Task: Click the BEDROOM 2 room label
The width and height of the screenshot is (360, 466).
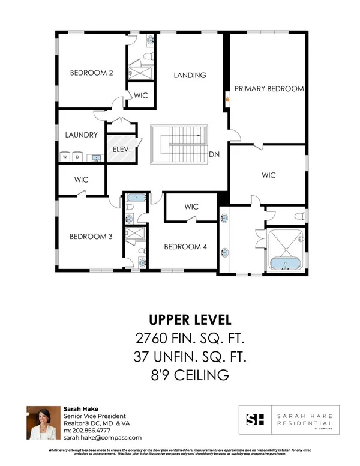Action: click(92, 73)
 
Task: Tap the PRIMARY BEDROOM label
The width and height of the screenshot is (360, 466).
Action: click(269, 88)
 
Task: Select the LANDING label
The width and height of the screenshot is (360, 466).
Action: click(190, 75)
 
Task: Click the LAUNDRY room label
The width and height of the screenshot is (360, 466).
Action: click(81, 135)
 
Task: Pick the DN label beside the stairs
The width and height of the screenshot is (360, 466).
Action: click(213, 154)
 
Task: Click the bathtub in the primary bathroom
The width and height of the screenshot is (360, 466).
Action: click(286, 262)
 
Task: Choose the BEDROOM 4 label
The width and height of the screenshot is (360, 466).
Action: click(185, 246)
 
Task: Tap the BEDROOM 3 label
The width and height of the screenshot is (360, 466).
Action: click(91, 236)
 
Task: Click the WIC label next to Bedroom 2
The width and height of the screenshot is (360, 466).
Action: click(141, 95)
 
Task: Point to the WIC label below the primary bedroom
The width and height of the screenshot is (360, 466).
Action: click(268, 175)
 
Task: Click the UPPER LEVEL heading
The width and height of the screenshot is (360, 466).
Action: click(189, 319)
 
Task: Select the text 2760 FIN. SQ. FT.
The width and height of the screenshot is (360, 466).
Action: click(189, 337)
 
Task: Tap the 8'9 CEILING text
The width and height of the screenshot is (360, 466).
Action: click(189, 376)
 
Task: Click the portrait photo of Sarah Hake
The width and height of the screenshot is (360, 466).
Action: click(43, 423)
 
